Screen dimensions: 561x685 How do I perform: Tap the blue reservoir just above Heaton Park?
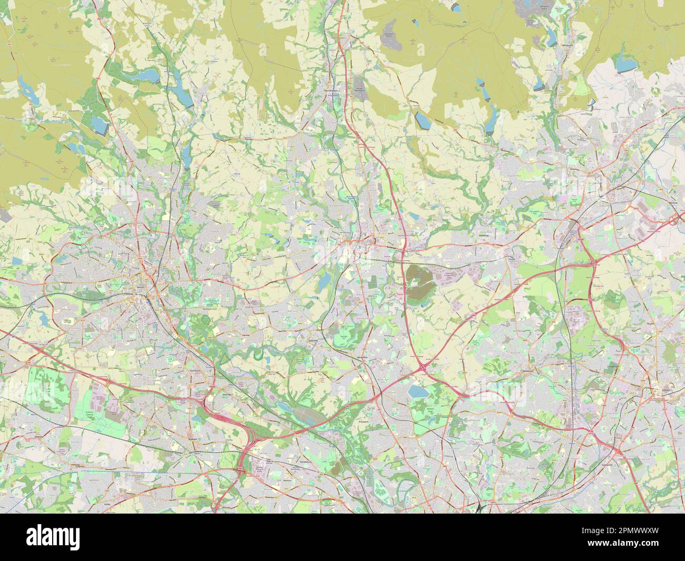(x=417, y=391)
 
